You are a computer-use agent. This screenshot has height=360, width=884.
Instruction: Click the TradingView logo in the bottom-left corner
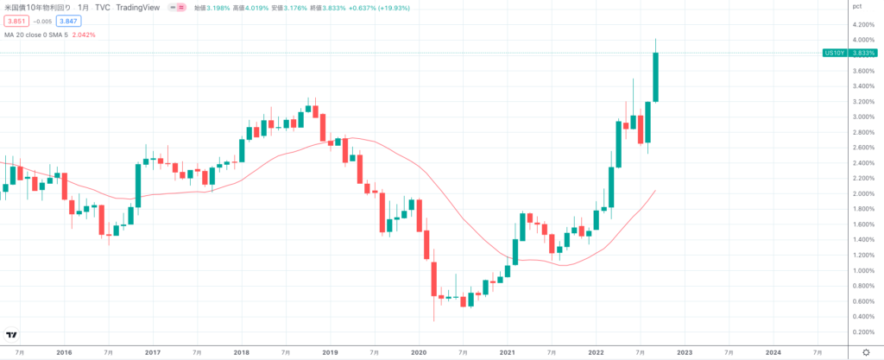(x=12, y=335)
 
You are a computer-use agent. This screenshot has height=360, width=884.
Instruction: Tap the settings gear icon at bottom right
(x=865, y=352)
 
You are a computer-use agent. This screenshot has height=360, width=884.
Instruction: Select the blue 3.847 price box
(x=67, y=20)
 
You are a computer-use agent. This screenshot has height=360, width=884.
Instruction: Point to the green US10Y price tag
(x=834, y=53)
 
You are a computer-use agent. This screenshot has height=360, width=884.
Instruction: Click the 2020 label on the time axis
(x=419, y=352)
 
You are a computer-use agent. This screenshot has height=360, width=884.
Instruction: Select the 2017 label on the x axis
(x=153, y=352)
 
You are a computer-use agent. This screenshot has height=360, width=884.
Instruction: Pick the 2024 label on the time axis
(x=773, y=352)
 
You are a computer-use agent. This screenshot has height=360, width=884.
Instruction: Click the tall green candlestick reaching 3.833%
(x=656, y=76)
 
